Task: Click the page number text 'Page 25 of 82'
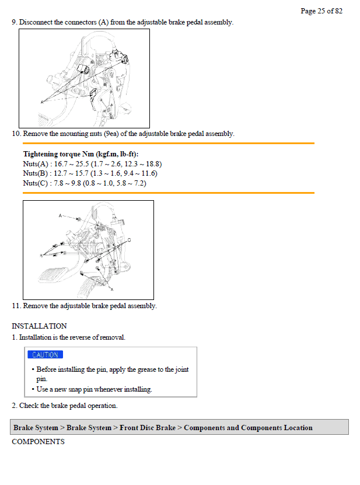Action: [x=321, y=11]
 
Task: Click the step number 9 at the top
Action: [x=14, y=22]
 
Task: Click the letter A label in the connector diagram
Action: [x=42, y=102]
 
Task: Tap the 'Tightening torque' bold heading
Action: [x=81, y=154]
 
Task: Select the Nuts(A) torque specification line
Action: [x=92, y=164]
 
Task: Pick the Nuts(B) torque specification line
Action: [x=90, y=173]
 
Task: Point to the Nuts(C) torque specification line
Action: [x=85, y=183]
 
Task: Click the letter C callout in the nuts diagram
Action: [x=129, y=240]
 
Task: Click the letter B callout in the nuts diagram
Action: [x=41, y=255]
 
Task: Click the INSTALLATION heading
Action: [x=39, y=326]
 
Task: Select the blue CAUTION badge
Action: [x=45, y=355]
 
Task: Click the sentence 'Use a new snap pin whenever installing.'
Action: [x=94, y=389]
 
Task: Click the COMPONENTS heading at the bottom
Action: [x=38, y=442]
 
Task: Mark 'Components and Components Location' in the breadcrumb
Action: [x=248, y=428]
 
